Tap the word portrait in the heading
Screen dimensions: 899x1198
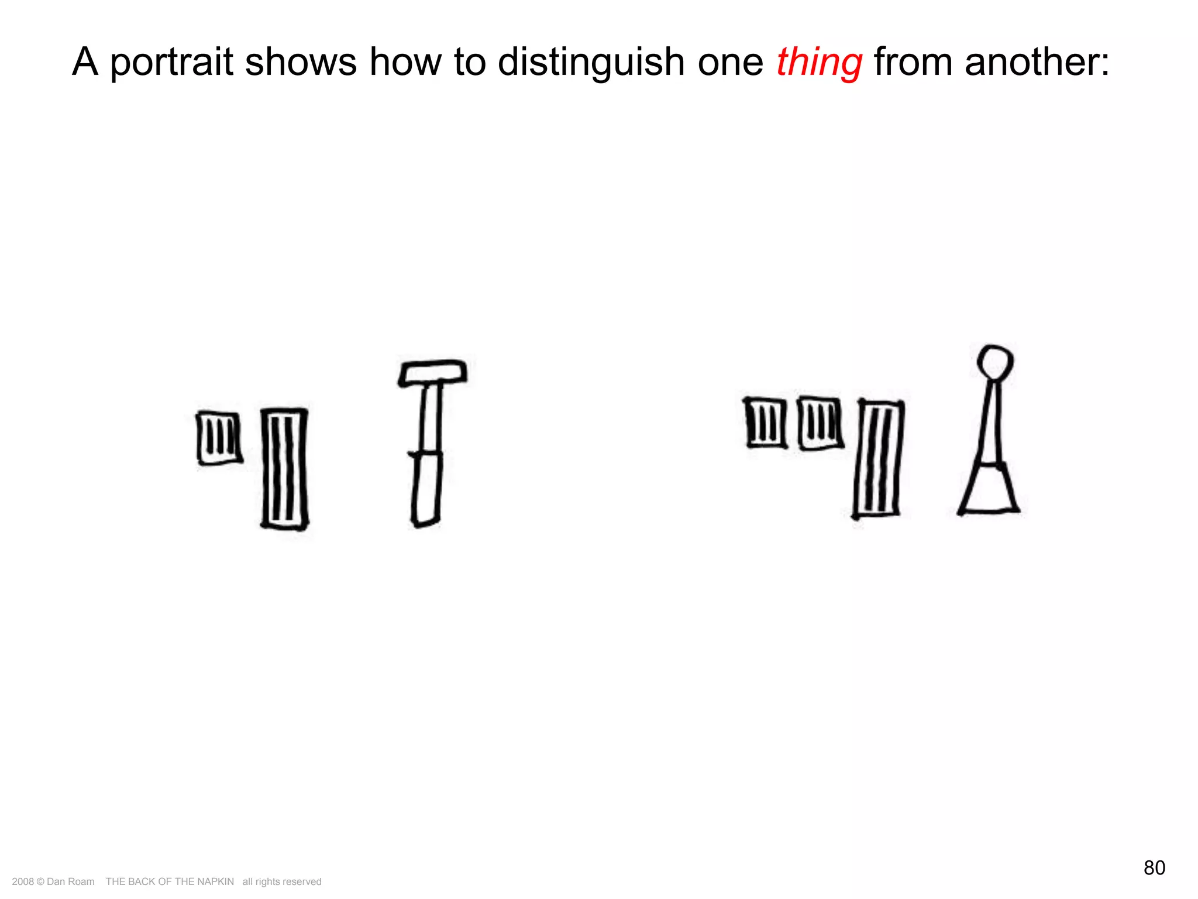[x=172, y=62]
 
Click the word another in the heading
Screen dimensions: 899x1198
[x=1035, y=62]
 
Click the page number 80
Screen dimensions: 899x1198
[x=1154, y=867]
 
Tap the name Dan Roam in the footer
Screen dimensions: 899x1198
[x=70, y=881]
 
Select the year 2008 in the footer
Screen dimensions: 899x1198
[x=22, y=881]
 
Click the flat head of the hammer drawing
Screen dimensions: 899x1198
[x=433, y=373]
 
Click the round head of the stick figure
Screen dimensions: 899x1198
[x=995, y=361]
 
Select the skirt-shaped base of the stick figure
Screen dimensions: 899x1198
[x=989, y=489]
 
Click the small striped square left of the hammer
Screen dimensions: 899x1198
[x=219, y=438]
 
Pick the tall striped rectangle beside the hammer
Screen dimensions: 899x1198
[x=284, y=469]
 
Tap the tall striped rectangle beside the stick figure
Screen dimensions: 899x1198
[x=878, y=459]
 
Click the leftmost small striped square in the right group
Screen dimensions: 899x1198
[x=766, y=423]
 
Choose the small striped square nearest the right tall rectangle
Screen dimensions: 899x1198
[x=820, y=423]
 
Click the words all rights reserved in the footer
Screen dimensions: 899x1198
[x=282, y=881]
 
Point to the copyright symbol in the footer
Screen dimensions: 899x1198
[x=40, y=881]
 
